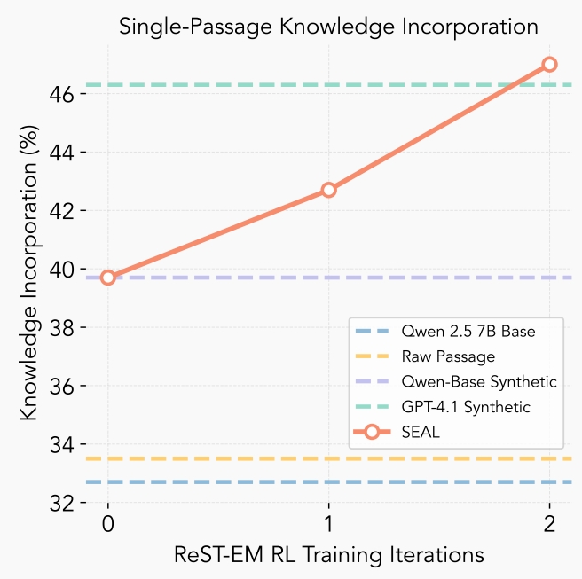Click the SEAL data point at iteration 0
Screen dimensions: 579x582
point(108,278)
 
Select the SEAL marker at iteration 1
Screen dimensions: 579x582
point(329,190)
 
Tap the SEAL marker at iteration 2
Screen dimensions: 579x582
point(549,64)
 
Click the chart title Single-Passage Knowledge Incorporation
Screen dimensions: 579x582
point(329,27)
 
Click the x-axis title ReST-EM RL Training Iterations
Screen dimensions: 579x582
point(329,554)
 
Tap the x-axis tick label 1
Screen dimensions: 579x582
point(329,524)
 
